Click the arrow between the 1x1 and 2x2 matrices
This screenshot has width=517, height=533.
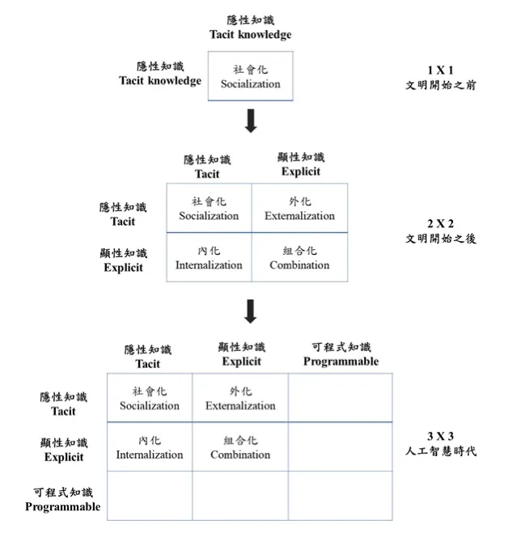tap(250, 121)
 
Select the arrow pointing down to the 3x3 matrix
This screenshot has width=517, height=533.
tap(250, 311)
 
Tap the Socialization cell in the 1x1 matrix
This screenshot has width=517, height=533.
tap(250, 77)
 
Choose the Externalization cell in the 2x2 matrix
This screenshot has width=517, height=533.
tap(299, 209)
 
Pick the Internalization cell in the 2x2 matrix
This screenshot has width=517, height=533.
tap(209, 258)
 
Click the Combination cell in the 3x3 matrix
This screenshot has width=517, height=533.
tap(240, 447)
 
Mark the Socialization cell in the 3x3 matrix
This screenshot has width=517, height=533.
tap(150, 399)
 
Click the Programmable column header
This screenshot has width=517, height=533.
tap(341, 354)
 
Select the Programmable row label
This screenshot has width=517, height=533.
tap(63, 499)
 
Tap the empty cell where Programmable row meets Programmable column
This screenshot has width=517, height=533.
tap(340, 496)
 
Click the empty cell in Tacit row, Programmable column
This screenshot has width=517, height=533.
tap(340, 398)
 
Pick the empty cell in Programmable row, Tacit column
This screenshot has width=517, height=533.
tap(150, 496)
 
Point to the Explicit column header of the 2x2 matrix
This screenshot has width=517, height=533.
tap(300, 164)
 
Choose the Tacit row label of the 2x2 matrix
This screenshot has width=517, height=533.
tap(123, 214)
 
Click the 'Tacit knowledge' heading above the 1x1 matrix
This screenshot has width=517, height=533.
tap(250, 27)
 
